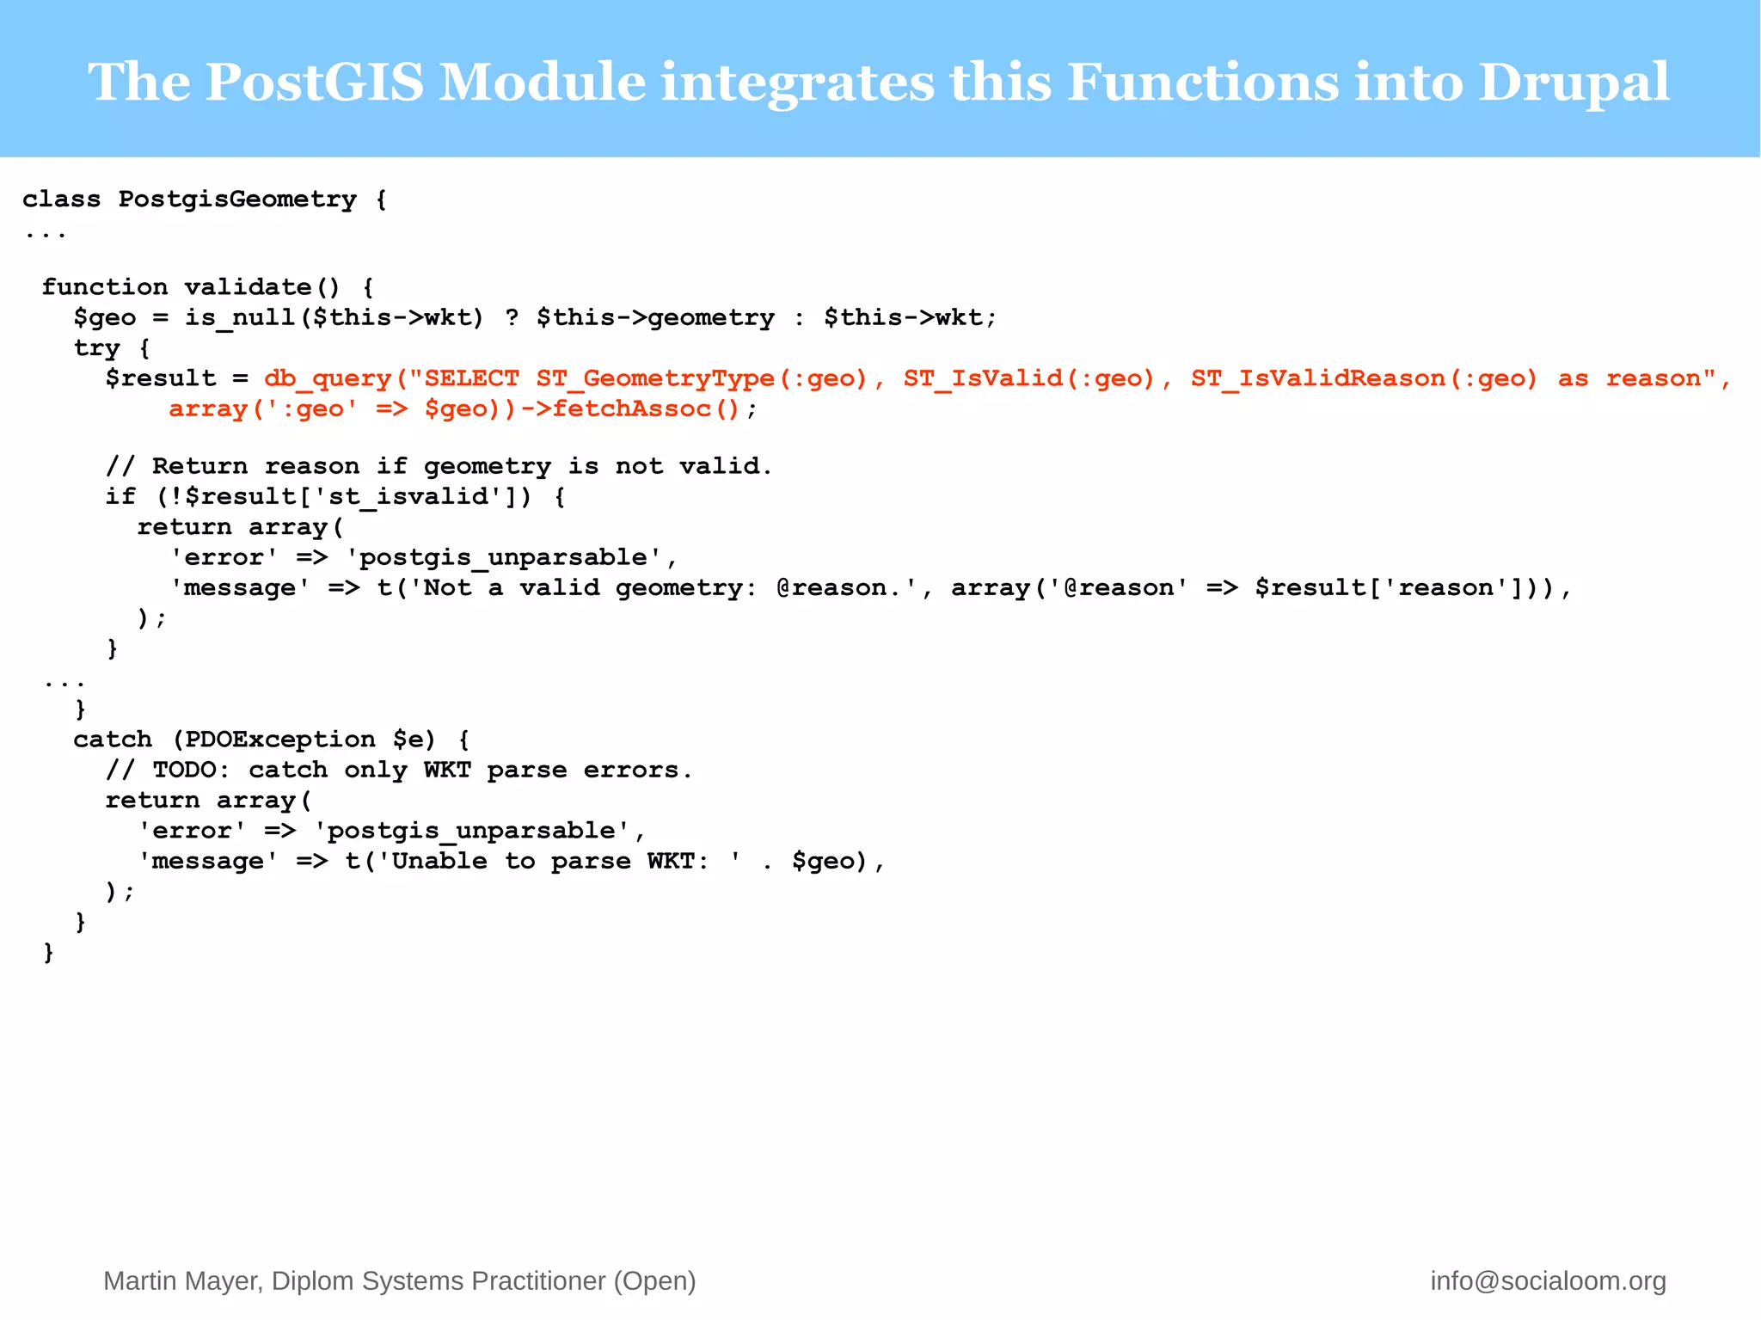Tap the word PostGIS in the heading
315,82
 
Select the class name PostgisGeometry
237,200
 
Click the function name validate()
262,287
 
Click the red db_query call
327,379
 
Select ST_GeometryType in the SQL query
655,379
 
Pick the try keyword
96,348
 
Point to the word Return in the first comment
199,467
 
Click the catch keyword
113,740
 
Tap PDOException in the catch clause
279,740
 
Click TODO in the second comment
184,771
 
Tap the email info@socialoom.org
1548,1281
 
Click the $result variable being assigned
161,379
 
